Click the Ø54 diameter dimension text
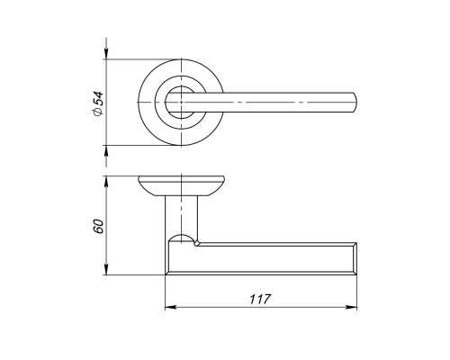pyautogui.click(x=98, y=103)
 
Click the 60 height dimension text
pyautogui.click(x=98, y=227)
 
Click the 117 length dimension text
pyautogui.click(x=260, y=299)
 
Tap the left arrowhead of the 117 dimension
pyautogui.click(x=170, y=307)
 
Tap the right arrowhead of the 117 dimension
pyautogui.click(x=352, y=307)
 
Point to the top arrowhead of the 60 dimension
pyautogui.click(x=106, y=181)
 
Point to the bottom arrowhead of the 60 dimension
pyautogui.click(x=106, y=269)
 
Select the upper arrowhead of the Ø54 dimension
pyautogui.click(x=106, y=54)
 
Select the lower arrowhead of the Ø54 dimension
pyautogui.click(x=106, y=150)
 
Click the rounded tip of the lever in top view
pyautogui.click(x=355, y=103)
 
